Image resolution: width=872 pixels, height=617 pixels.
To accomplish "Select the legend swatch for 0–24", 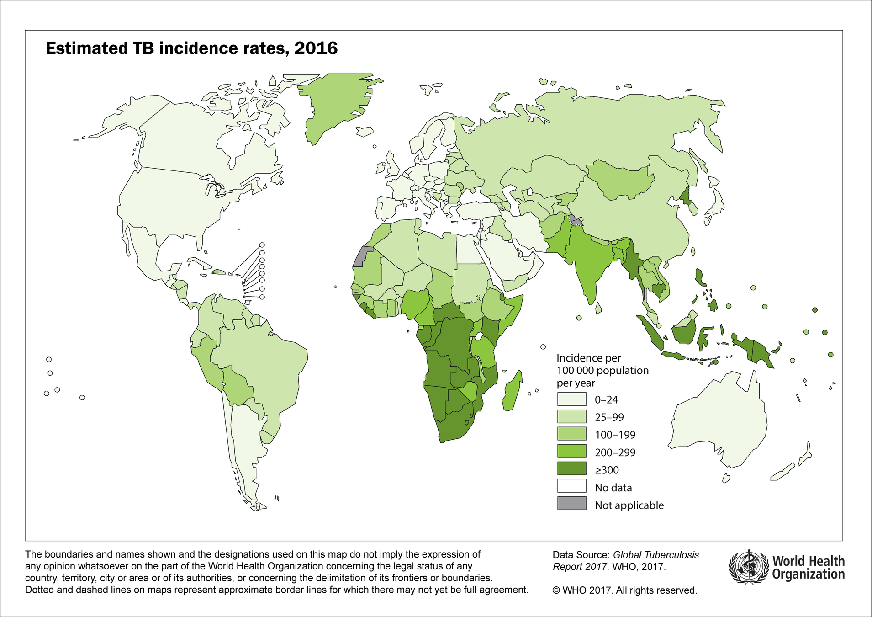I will coord(571,399).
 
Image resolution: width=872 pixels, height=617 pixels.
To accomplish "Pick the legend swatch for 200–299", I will coord(571,452).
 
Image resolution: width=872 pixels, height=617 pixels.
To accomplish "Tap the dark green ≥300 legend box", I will coord(571,469).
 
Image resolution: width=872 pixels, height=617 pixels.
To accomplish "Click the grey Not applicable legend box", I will coord(571,504).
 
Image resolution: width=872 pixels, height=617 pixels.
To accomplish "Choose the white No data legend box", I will coord(571,487).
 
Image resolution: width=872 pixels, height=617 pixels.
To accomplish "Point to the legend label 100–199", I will coord(615,435).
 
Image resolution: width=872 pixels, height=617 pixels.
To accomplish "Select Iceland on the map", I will coord(365,132).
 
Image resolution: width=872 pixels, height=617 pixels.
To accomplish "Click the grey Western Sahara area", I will coord(362,256).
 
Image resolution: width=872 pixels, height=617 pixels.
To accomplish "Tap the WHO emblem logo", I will coord(748,567).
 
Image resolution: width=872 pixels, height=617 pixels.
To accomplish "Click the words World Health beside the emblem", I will coord(808,561).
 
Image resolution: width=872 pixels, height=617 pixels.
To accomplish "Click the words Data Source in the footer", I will coord(580,555).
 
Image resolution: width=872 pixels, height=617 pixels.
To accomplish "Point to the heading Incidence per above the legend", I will coord(588,358).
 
